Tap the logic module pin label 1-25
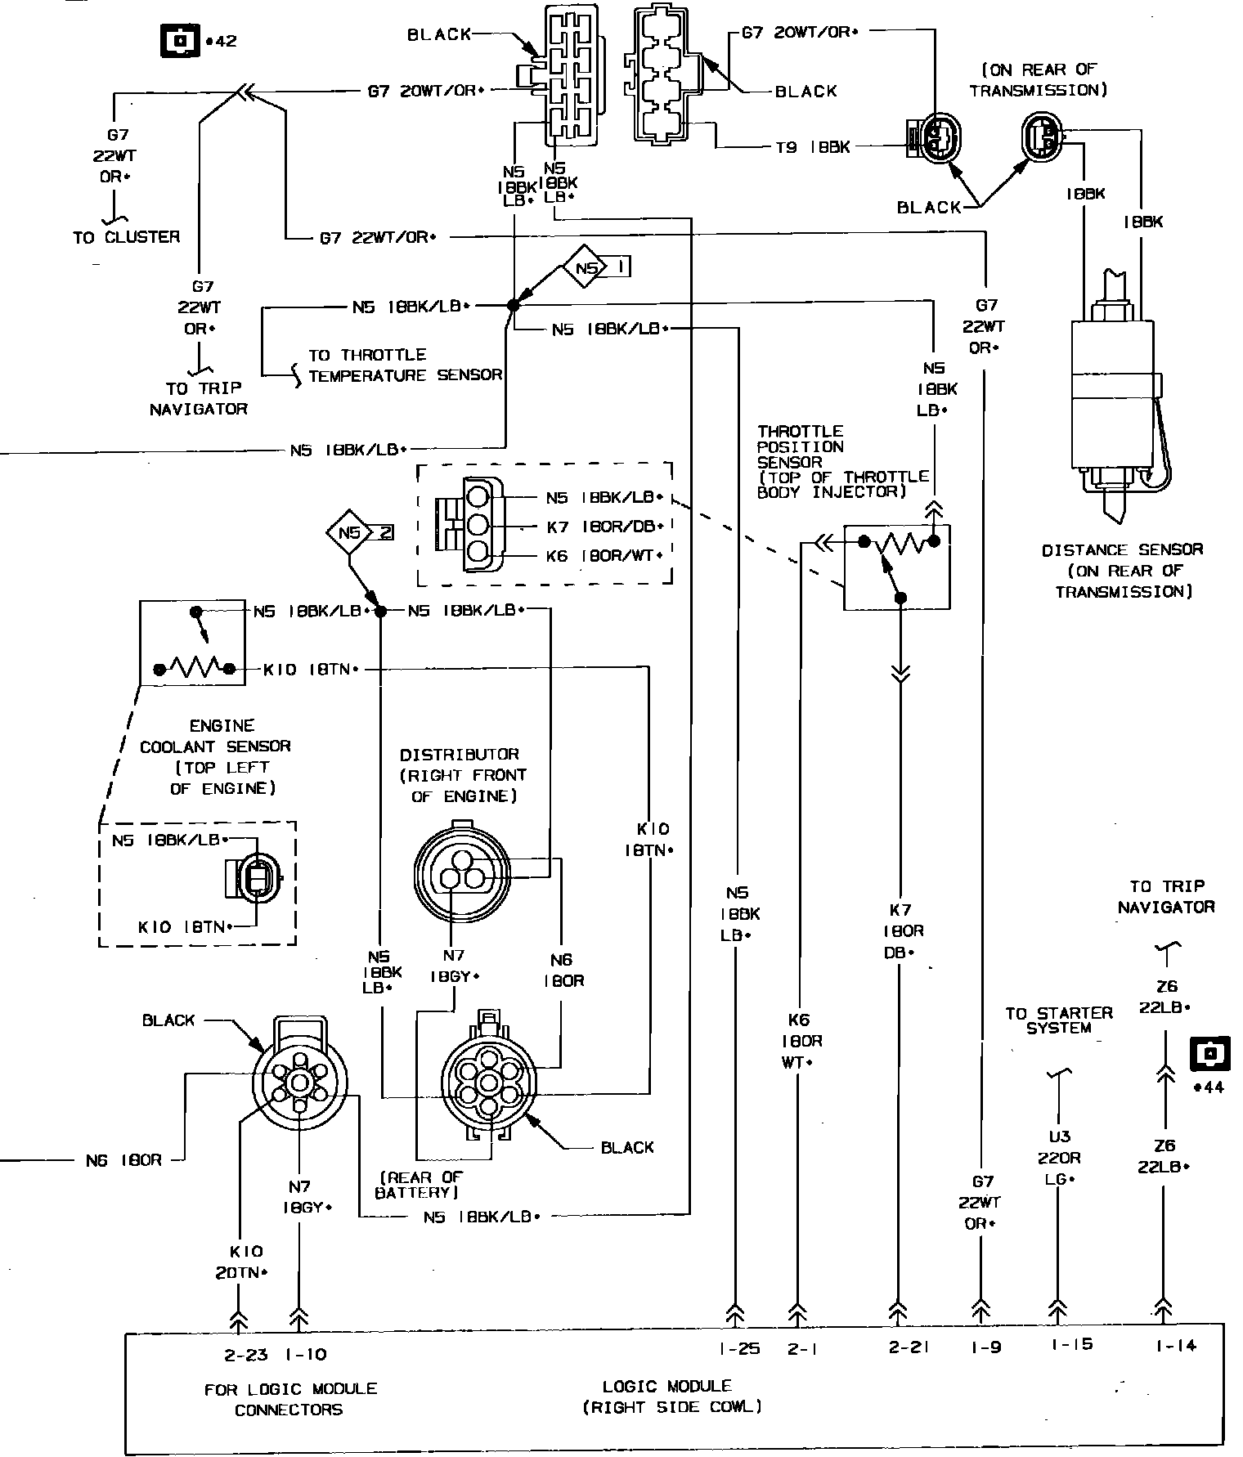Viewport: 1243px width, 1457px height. click(x=739, y=1348)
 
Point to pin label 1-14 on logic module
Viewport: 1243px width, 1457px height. click(x=1175, y=1345)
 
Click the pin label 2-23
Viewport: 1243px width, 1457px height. click(x=246, y=1355)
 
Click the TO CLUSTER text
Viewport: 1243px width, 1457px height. click(x=126, y=237)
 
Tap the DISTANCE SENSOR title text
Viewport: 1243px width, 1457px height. click(x=1122, y=550)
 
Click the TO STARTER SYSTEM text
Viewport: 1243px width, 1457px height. click(x=1058, y=1020)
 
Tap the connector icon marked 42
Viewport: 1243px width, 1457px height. click(x=178, y=39)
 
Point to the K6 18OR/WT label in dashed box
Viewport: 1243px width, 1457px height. click(x=604, y=556)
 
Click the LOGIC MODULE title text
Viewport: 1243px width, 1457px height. click(x=666, y=1386)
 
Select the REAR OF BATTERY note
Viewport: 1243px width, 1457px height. click(x=420, y=1184)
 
